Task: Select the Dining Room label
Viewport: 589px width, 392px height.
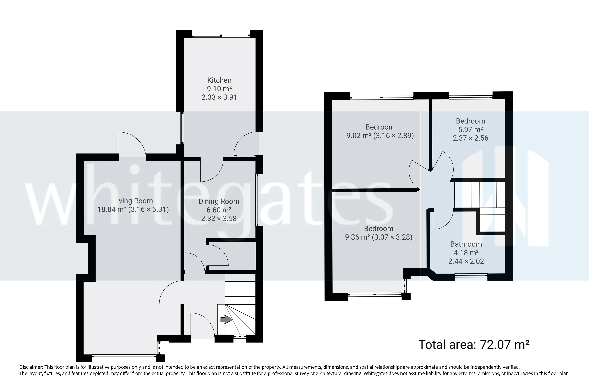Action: tap(219, 201)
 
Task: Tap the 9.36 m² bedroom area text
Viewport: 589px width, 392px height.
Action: tap(357, 237)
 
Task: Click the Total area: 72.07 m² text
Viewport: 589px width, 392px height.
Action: tap(474, 344)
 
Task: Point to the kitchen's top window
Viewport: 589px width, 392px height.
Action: tap(221, 36)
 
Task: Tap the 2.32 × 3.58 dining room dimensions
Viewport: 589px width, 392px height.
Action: tap(219, 218)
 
